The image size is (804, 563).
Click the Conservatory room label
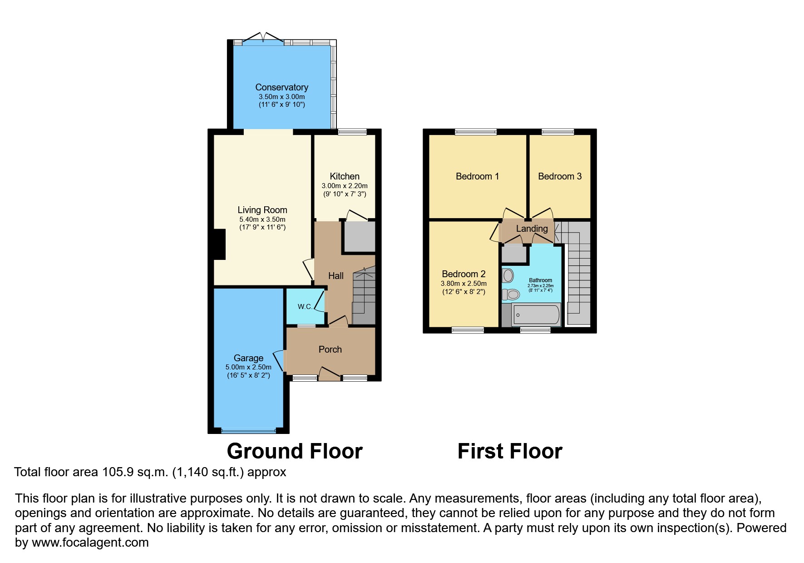pyautogui.click(x=281, y=87)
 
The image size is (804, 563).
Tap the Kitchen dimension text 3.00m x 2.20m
pyautogui.click(x=345, y=186)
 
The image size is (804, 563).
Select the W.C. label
pyautogui.click(x=305, y=307)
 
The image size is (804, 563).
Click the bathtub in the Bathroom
pyautogui.click(x=536, y=315)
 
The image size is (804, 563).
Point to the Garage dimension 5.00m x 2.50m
pyautogui.click(x=248, y=367)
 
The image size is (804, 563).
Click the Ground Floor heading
pyautogui.click(x=295, y=451)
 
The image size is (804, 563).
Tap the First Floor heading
pyautogui.click(x=510, y=451)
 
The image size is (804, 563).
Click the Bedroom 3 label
pyautogui.click(x=559, y=176)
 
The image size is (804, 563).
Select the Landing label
pyautogui.click(x=532, y=229)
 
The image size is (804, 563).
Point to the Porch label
pyautogui.click(x=330, y=349)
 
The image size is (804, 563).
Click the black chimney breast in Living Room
pyautogui.click(x=220, y=244)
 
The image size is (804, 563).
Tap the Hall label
pyautogui.click(x=336, y=276)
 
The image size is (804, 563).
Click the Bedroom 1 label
pyautogui.click(x=477, y=176)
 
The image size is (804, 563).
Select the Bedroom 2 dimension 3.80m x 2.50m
pyautogui.click(x=464, y=284)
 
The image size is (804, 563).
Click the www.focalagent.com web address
pyautogui.click(x=90, y=543)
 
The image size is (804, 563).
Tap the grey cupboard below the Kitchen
pyautogui.click(x=360, y=237)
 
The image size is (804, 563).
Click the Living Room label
pyautogui.click(x=262, y=210)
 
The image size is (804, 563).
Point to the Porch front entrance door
pyautogui.click(x=330, y=375)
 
